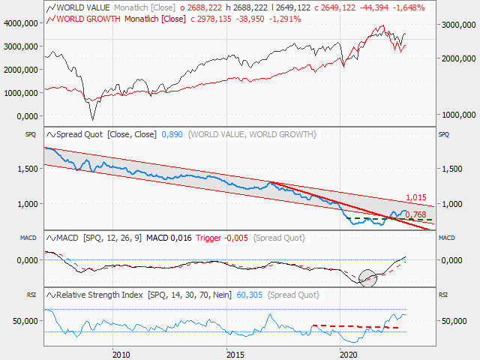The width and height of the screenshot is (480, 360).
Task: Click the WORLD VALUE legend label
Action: (x=84, y=7)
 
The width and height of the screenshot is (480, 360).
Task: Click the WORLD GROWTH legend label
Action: (x=87, y=18)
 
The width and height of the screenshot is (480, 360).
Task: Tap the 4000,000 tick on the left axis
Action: (x=22, y=23)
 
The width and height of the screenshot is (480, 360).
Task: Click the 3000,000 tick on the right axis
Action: (x=459, y=25)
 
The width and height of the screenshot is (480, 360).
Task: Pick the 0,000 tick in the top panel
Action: (x=26, y=116)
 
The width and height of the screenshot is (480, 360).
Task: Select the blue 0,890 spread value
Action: (x=172, y=134)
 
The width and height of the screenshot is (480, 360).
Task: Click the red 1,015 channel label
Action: (x=415, y=197)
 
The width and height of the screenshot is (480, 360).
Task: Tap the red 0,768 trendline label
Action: (x=415, y=214)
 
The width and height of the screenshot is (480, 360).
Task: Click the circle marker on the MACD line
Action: (x=367, y=277)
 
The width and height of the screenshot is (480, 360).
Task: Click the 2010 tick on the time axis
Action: (x=118, y=353)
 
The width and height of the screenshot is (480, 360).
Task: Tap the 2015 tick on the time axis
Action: (x=235, y=353)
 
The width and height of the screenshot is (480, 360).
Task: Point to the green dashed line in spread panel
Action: (x=390, y=218)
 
